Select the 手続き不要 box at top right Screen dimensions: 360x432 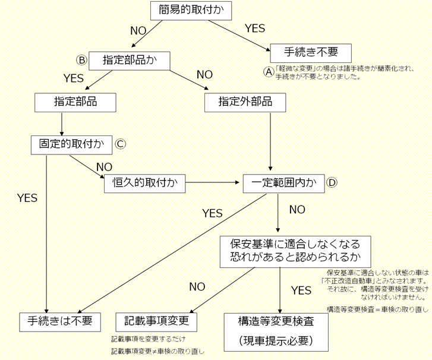(311, 52)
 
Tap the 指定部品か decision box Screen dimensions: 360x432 (129, 61)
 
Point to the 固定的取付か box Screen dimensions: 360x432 (71, 144)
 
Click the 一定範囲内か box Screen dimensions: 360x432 (283, 183)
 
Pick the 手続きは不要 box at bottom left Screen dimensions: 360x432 (60, 321)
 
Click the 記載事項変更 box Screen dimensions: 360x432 (156, 321)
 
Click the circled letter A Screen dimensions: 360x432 (268, 71)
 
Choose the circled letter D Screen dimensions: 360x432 (332, 182)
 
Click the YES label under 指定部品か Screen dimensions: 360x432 (74, 78)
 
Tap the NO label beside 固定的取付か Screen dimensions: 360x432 (103, 167)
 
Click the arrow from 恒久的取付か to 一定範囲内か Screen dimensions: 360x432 (215, 183)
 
